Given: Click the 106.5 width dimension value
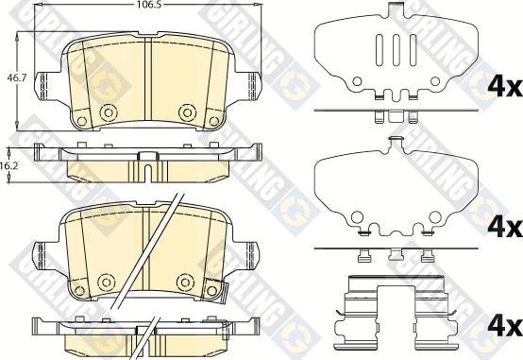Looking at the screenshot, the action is click(x=146, y=5).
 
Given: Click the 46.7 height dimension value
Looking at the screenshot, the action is click(x=16, y=78).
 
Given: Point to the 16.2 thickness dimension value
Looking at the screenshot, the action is click(x=9, y=166).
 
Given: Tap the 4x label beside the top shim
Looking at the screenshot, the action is click(x=505, y=87).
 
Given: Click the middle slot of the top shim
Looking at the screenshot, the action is click(x=396, y=49).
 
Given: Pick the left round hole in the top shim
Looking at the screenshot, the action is click(x=357, y=81).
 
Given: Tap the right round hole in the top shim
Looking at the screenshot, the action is click(x=435, y=81).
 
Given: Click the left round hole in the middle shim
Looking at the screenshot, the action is click(x=356, y=217).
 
